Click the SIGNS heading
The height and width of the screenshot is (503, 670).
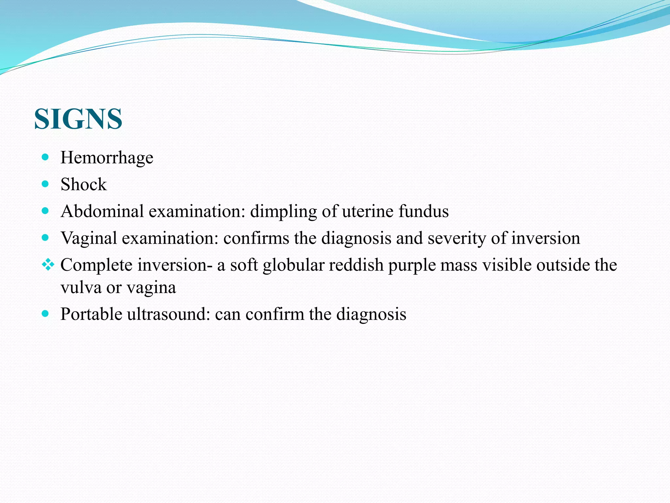pyautogui.click(x=78, y=119)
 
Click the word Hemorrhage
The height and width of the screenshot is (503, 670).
pyautogui.click(x=107, y=158)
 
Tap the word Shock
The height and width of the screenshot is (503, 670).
pyautogui.click(x=83, y=185)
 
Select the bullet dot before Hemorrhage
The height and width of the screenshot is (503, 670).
pyautogui.click(x=45, y=157)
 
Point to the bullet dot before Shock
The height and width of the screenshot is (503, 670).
pyautogui.click(x=45, y=184)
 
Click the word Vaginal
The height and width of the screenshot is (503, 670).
pyautogui.click(x=89, y=238)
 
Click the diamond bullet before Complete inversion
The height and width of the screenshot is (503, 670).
pyautogui.click(x=48, y=265)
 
